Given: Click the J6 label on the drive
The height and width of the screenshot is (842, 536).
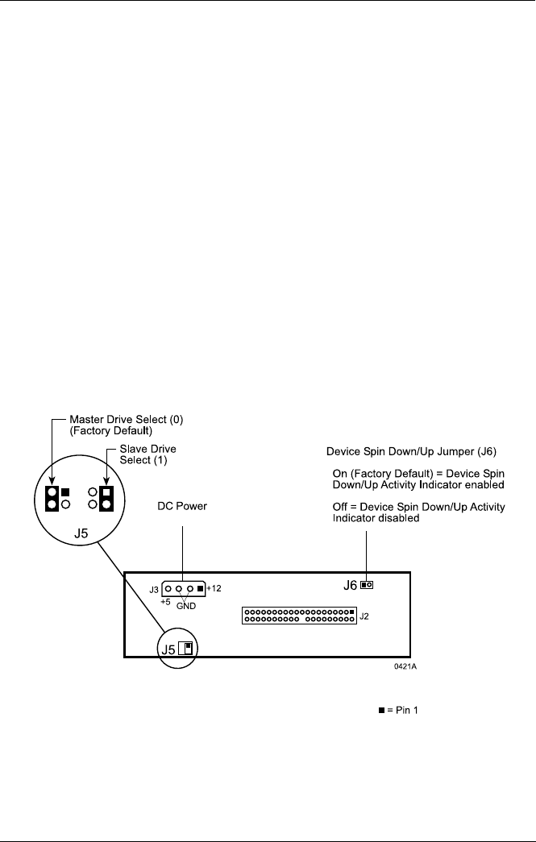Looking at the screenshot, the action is point(350,585).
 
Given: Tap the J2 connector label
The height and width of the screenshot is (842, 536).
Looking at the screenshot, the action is point(364,616).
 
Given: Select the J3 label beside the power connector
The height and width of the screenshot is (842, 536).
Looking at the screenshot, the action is point(154,590).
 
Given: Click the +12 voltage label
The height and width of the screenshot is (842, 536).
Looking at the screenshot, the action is point(214,588).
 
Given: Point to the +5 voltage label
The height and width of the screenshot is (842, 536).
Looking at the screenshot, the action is point(165,602).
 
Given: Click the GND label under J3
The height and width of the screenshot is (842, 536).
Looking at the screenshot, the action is point(186,606).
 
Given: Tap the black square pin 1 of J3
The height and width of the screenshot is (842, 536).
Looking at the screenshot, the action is point(201,588).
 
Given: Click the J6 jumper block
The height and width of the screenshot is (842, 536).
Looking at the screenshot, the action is point(367,585).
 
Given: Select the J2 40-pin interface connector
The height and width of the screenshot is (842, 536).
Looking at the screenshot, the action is point(299,616).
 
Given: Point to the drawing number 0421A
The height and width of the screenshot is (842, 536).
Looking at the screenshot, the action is point(405,666).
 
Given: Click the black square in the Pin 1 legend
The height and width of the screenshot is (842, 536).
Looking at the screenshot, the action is point(382,710).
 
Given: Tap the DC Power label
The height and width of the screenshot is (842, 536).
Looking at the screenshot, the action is point(182,506).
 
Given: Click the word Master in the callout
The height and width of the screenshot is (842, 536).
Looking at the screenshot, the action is point(85,420).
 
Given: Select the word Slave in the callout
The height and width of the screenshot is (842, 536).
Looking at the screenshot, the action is point(134,449).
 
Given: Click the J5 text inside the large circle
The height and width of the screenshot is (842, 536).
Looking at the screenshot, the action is point(81,534).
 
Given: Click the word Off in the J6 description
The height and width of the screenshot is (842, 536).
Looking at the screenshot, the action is point(340,507).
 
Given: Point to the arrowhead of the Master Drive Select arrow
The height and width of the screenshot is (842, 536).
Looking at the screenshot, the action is point(52,482).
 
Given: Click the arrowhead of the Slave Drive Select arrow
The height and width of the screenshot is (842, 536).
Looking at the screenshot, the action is point(106,482).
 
